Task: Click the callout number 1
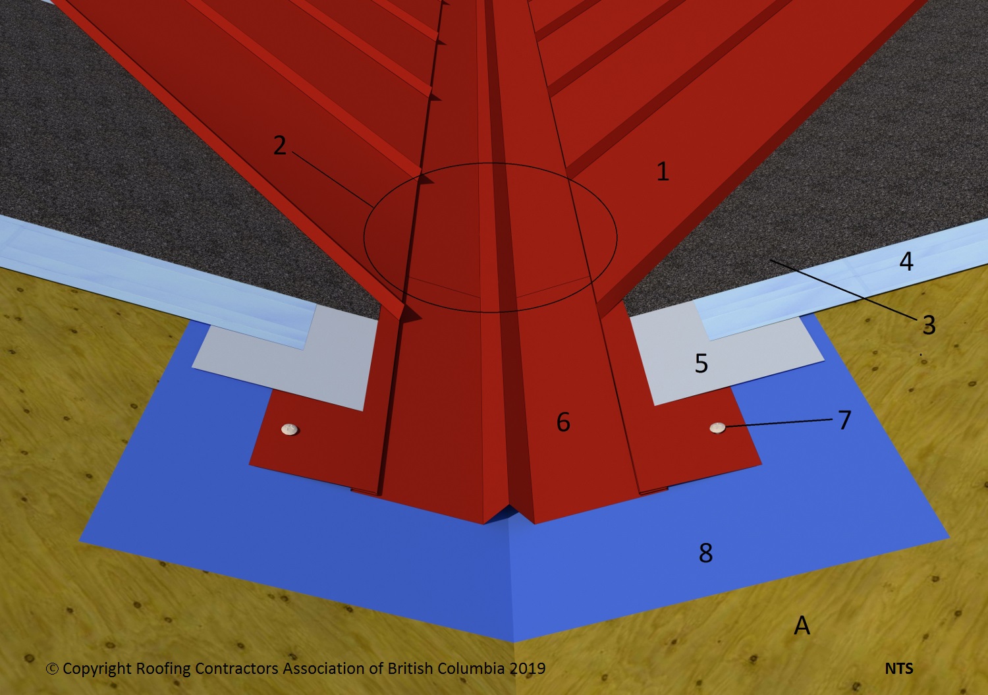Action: pyautogui.click(x=663, y=171)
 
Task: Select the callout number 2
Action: pyautogui.click(x=280, y=145)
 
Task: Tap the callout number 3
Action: pyautogui.click(x=929, y=325)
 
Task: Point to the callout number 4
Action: pyautogui.click(x=906, y=262)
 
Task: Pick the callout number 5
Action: pyautogui.click(x=701, y=364)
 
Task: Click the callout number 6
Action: pyautogui.click(x=563, y=422)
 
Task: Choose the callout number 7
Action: pyautogui.click(x=844, y=420)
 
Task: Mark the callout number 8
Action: pyautogui.click(x=705, y=553)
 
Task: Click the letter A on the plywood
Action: pyautogui.click(x=802, y=625)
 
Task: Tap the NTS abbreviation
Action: pyautogui.click(x=899, y=669)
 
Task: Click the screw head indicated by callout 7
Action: pyautogui.click(x=718, y=428)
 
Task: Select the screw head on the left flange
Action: pyautogui.click(x=290, y=429)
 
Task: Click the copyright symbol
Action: pyautogui.click(x=52, y=669)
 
